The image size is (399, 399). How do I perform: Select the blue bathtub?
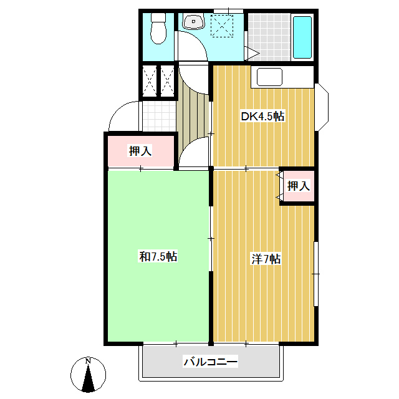tap(302, 37)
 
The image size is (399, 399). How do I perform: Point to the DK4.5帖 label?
tap(263, 116)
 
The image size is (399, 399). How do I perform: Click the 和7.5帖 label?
tap(158, 256)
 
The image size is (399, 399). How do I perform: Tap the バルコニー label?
tap(210, 362)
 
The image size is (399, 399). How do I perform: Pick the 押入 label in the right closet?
tap(298, 186)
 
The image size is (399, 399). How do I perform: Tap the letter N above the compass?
tap(89, 361)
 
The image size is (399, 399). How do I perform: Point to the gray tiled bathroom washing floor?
tap(269, 37)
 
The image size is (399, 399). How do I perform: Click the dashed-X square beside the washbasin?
tap(221, 26)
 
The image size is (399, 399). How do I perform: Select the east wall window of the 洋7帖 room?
tap(315, 273)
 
